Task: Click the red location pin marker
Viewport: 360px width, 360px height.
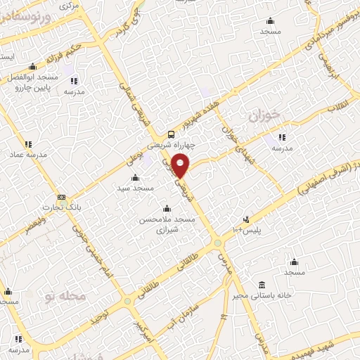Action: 181,165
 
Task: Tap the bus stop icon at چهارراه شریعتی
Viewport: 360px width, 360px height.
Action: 172,135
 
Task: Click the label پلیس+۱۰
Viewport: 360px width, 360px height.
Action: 247,230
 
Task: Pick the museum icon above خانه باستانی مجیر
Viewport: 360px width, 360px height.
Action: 262,285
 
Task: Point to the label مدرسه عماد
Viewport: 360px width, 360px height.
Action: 27,154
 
